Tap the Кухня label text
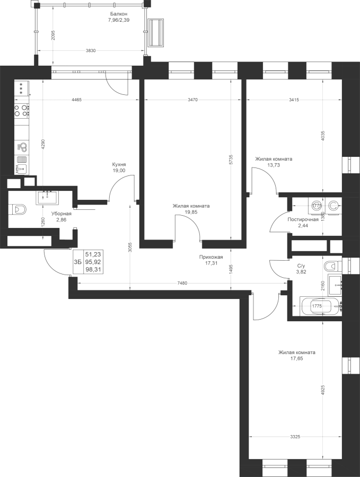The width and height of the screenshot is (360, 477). [119, 164]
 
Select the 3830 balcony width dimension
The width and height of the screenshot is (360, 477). [91, 50]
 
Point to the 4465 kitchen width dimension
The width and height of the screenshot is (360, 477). [76, 100]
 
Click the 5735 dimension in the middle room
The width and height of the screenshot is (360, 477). [231, 160]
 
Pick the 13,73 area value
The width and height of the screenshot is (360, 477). [274, 165]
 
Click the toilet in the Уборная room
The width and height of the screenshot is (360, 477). [19, 210]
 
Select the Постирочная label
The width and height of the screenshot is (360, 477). [303, 219]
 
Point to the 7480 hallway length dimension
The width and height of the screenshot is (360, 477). [182, 283]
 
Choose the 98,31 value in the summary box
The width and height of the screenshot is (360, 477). [93, 269]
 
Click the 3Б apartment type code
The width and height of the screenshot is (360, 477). [77, 262]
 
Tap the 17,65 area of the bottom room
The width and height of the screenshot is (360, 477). [297, 359]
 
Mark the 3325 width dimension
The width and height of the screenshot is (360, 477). [295, 437]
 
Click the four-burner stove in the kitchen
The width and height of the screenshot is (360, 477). [22, 110]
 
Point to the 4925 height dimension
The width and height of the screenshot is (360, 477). [323, 391]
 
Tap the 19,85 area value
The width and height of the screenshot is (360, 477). [191, 212]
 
